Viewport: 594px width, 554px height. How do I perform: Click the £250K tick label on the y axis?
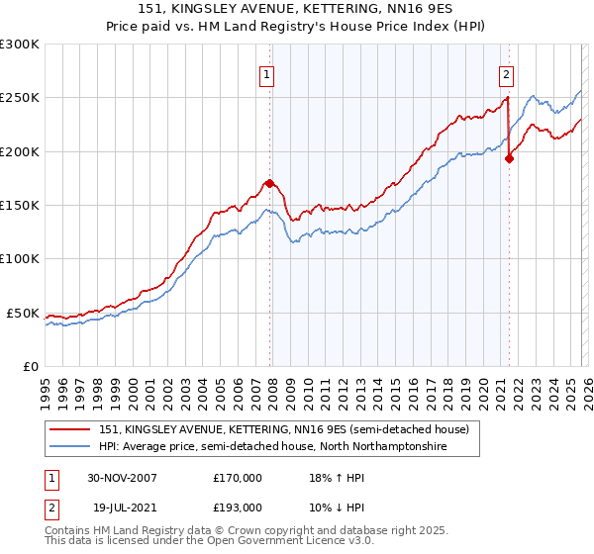pos(19,98)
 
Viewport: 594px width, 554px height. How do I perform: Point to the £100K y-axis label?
pos(19,258)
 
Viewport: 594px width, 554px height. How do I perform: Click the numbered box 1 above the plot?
pos(268,73)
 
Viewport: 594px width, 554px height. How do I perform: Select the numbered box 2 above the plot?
pos(506,73)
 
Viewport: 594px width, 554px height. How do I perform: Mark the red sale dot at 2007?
pos(269,183)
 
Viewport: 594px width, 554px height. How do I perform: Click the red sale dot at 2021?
pos(509,158)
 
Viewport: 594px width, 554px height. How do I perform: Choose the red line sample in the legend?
pos(71,428)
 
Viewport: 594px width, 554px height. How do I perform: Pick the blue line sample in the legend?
pos(71,447)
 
